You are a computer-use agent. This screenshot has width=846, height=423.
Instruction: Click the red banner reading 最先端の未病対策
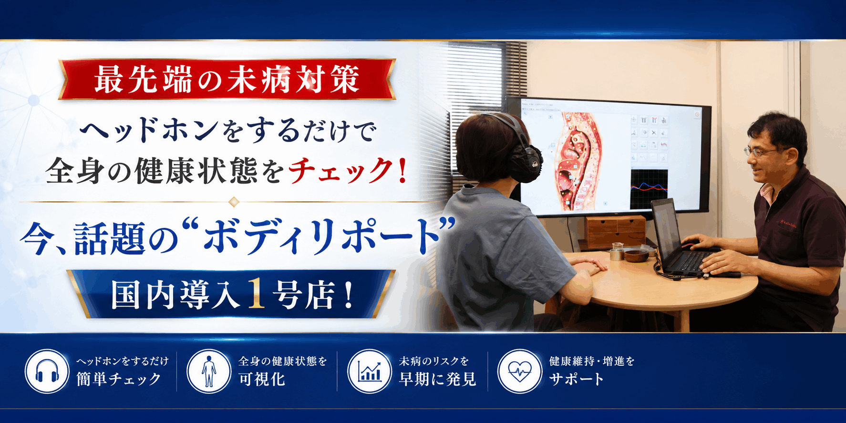point(227,79)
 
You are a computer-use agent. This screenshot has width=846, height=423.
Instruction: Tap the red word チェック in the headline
point(340,171)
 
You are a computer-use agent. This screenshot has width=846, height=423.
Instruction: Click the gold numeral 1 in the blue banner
point(256,294)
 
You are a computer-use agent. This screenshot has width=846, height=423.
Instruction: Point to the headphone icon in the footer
point(47,371)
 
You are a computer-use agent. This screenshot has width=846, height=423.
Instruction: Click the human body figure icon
point(208,371)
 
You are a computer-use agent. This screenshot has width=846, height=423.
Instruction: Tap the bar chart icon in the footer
point(370,371)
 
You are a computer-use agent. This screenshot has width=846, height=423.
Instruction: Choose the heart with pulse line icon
point(520,371)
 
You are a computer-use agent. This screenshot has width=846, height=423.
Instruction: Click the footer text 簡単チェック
point(119,379)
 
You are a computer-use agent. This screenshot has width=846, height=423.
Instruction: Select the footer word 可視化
point(262,379)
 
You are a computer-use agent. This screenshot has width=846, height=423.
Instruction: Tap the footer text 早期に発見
point(438,379)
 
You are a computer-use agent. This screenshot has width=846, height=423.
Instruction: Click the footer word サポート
point(576,379)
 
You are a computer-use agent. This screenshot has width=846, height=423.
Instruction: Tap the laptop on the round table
point(682,238)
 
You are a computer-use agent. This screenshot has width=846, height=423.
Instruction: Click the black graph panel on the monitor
point(649,188)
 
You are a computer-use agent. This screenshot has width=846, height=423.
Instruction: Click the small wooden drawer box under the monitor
point(615,232)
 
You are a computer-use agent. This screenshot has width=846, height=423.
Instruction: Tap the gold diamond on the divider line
point(234,202)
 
